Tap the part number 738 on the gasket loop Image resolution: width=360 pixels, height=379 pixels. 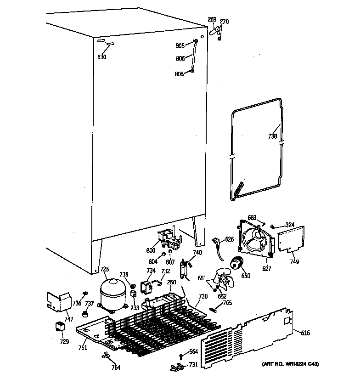point(272,136)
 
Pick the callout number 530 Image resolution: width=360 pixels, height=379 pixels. point(101,57)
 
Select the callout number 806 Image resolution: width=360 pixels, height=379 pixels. point(180,59)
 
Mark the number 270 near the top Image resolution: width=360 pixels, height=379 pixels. point(224,21)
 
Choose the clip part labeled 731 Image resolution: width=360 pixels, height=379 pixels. point(175,366)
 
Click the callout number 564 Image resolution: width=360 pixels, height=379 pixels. point(193,352)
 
